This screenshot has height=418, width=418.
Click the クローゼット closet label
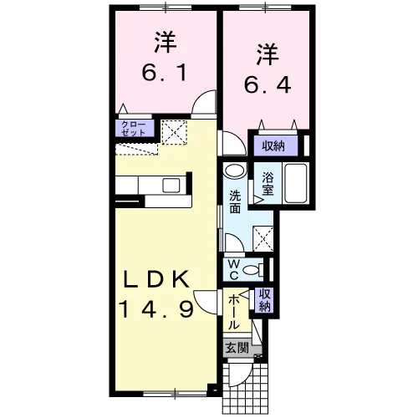134,129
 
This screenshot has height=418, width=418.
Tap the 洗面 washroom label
235,201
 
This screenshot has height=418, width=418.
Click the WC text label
233,269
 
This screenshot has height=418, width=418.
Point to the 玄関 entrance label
237,348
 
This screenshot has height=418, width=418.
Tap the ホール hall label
234,313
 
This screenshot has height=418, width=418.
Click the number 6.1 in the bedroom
165,73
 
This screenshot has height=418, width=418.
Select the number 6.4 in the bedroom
268,84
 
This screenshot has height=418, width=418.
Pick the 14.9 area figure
156,309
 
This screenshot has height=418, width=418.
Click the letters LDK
157,279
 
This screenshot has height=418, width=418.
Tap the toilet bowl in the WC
252,270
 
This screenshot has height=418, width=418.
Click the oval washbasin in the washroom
235,170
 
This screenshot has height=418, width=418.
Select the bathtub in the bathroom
296,183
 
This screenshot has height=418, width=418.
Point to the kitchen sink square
171,186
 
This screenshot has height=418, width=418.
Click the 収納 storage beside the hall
265,300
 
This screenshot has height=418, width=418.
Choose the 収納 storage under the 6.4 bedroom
273,145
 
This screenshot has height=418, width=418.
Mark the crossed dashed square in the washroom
263,239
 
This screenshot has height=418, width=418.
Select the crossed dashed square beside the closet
175,132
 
